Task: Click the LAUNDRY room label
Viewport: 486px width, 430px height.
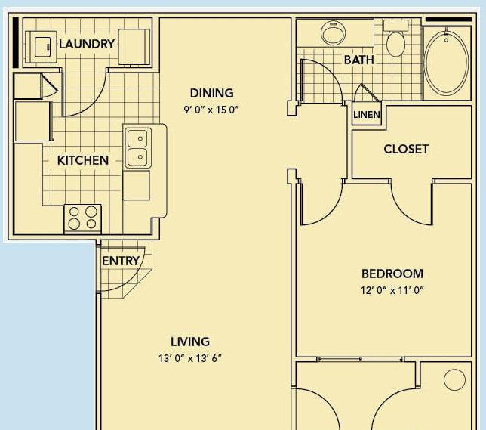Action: pos(87,44)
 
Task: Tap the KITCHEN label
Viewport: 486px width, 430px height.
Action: pos(83,160)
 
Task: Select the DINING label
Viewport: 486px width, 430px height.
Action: pos(212,93)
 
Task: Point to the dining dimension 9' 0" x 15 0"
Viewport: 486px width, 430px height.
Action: pos(211,110)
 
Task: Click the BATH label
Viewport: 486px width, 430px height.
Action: pos(359,60)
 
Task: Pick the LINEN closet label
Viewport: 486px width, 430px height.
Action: pos(367,115)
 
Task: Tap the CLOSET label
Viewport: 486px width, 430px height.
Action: pos(406,149)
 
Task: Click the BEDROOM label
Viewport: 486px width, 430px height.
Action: pos(392,274)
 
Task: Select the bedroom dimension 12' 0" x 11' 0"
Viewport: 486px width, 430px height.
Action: pos(392,290)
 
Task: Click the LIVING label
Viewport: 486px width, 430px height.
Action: pos(190,342)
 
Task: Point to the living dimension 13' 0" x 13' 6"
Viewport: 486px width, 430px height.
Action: pos(190,358)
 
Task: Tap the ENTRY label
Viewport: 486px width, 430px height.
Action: pos(121,261)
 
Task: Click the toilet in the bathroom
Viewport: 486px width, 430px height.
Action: pos(395,39)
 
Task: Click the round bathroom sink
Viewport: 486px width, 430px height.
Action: pos(334,32)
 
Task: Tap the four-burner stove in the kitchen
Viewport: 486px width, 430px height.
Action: pos(82,218)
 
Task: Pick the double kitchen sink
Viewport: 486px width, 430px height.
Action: pos(139,148)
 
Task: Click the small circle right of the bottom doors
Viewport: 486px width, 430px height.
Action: pos(454,379)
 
